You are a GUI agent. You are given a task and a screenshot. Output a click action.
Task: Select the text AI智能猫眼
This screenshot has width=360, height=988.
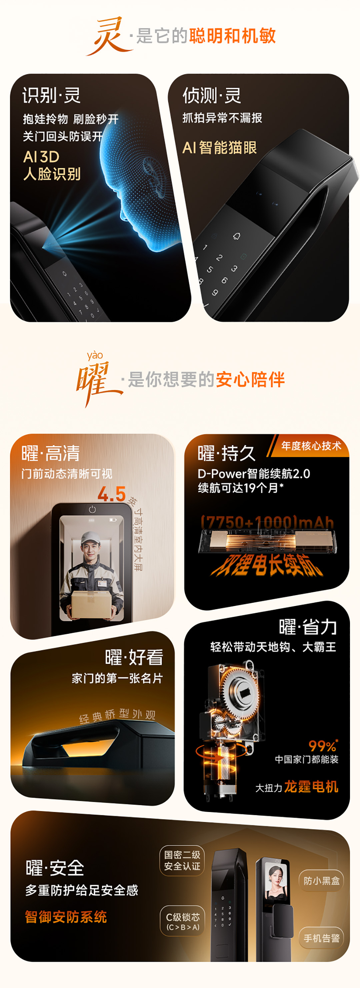(x=220, y=148)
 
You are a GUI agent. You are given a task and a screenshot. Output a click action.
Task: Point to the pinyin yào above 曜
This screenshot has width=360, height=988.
(x=94, y=356)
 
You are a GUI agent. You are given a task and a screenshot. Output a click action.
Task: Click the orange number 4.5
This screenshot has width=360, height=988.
(x=112, y=494)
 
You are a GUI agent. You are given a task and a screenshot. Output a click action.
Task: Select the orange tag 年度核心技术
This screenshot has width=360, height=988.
(x=311, y=446)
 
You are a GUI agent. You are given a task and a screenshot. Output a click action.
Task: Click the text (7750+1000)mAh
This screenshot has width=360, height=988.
(x=268, y=522)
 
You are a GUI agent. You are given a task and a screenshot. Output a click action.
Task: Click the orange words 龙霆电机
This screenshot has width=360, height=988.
(x=311, y=787)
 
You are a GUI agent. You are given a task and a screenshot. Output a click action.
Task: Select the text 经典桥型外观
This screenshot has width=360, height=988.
(x=117, y=715)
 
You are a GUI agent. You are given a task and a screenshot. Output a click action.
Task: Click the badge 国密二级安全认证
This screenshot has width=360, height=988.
(x=182, y=861)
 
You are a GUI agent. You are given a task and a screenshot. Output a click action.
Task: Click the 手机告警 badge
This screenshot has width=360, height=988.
(x=321, y=938)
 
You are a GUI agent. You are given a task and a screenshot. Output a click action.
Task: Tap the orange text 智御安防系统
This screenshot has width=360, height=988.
(x=66, y=917)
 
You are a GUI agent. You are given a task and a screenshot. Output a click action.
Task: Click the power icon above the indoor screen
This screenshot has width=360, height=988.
(x=92, y=509)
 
